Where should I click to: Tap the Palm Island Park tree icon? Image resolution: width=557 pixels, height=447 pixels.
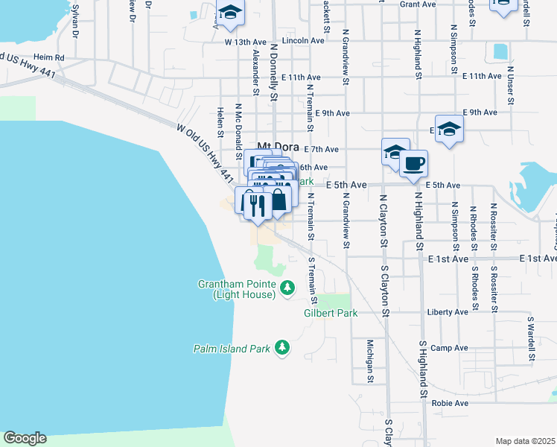pos(282,347)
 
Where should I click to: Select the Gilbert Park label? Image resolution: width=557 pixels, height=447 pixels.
pos(331,313)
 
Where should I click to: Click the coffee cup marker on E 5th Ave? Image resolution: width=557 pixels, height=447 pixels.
pos(413,163)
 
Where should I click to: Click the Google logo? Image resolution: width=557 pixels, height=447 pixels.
pos(25,438)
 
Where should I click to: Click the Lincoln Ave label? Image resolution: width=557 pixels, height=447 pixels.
pos(304,41)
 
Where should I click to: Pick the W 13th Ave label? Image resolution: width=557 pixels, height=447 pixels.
pos(245,42)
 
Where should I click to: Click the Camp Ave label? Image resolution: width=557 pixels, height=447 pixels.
pos(449,348)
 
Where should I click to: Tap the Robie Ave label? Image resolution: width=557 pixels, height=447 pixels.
pos(449,403)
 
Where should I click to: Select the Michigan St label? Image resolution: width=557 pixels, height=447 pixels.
pos(369,361)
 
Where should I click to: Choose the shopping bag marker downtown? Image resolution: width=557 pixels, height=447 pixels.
pos(278,200)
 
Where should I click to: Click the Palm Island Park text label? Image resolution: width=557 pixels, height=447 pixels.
pos(231,348)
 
